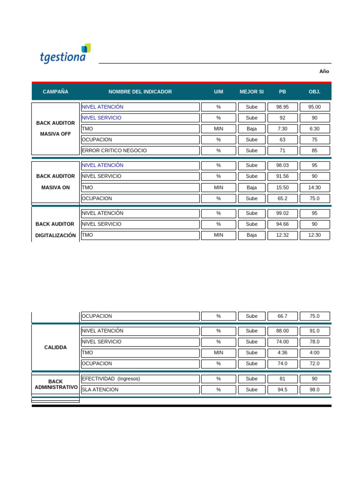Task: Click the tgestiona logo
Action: click(x=65, y=54)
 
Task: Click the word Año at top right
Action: click(x=324, y=71)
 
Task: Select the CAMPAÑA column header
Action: click(x=55, y=92)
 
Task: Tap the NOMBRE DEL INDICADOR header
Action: click(x=140, y=92)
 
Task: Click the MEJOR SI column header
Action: click(x=252, y=92)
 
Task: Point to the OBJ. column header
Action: click(x=315, y=92)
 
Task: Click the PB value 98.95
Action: click(x=282, y=107)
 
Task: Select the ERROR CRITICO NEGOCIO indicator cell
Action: click(x=140, y=150)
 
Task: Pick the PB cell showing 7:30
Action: click(x=282, y=128)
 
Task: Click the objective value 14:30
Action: click(x=315, y=187)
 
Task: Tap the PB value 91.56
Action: click(x=282, y=176)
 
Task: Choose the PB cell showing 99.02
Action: click(x=282, y=213)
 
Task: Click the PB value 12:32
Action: click(x=282, y=235)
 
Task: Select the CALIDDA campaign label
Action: click(x=55, y=347)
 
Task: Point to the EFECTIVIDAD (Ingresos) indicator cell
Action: click(x=140, y=379)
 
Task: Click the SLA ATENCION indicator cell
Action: click(x=140, y=390)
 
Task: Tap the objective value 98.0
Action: click(x=315, y=390)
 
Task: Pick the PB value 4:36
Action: click(x=282, y=352)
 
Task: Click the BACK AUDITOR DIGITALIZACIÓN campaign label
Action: click(x=55, y=230)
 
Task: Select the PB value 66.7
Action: click(x=282, y=316)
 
